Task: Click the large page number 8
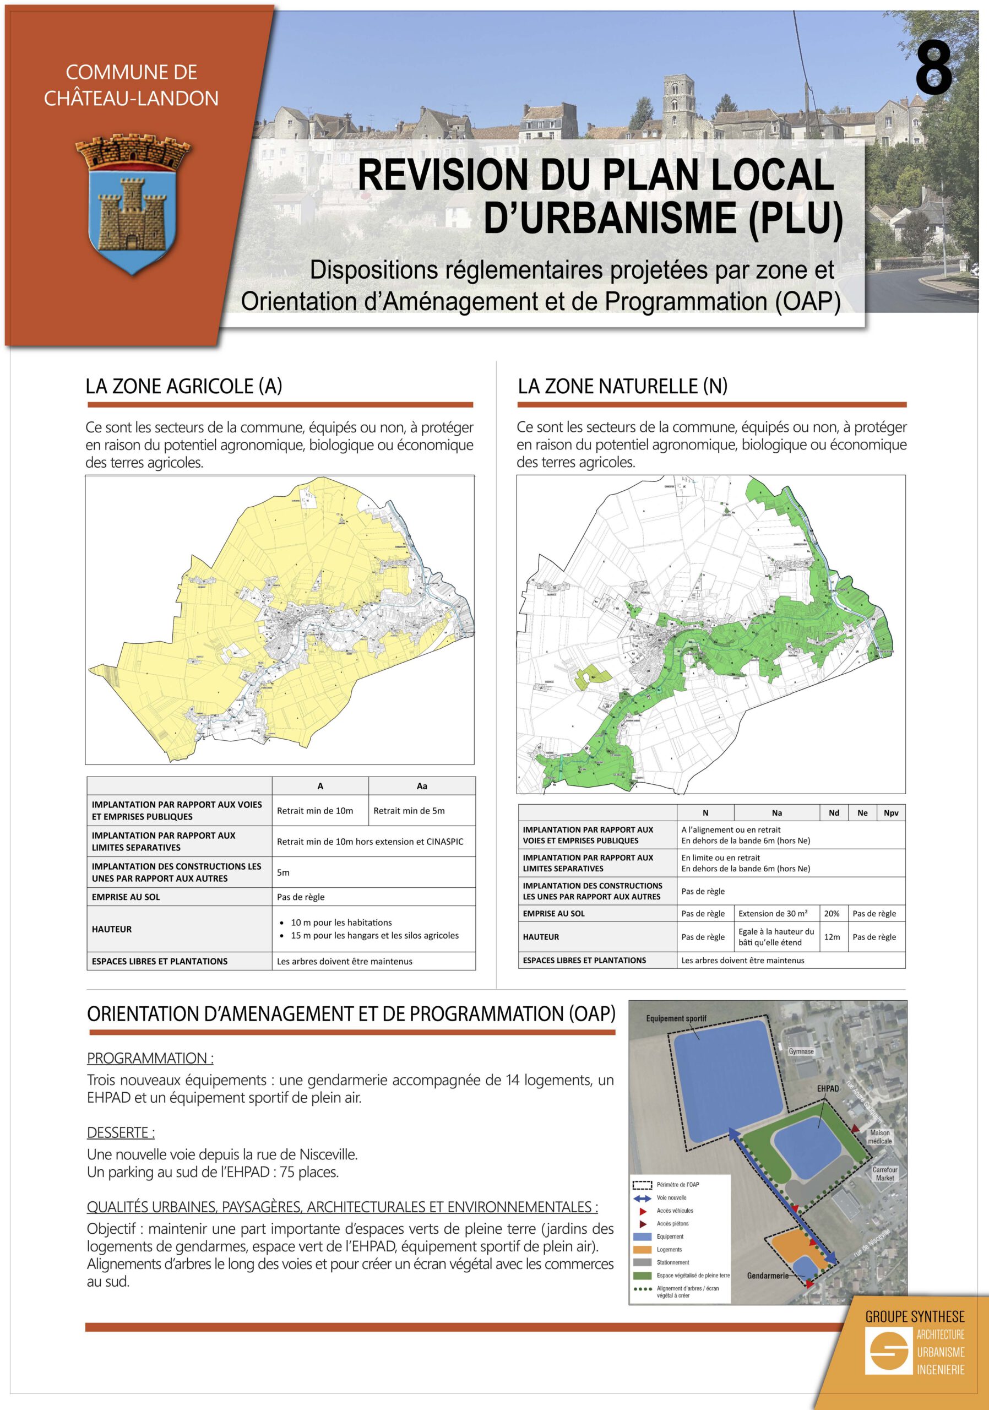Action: click(x=933, y=69)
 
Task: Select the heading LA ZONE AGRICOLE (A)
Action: click(x=183, y=386)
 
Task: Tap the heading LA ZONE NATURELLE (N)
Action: click(x=622, y=386)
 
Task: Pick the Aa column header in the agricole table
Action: click(x=422, y=786)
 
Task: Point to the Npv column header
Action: click(x=891, y=813)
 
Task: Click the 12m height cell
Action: click(x=832, y=936)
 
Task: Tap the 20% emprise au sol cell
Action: click(x=832, y=913)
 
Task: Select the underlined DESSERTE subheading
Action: click(x=121, y=1132)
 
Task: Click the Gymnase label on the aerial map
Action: click(x=801, y=1051)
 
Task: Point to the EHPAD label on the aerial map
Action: click(x=828, y=1088)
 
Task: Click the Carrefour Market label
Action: click(x=884, y=1174)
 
